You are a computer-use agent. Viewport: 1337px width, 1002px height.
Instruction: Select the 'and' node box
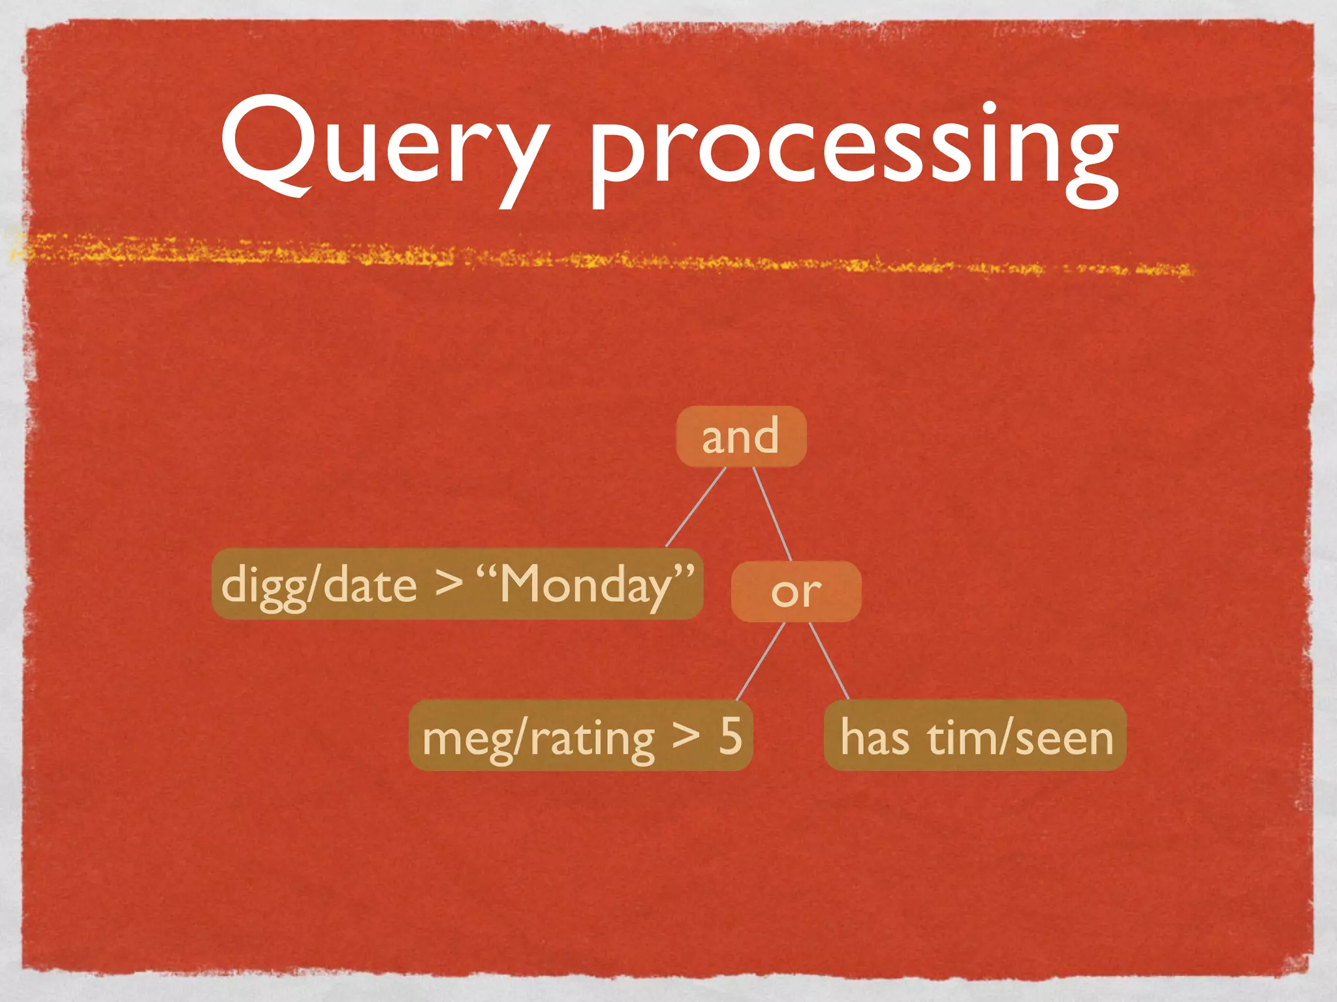[x=741, y=436]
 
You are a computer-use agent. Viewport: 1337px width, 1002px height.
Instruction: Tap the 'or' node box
[x=796, y=592]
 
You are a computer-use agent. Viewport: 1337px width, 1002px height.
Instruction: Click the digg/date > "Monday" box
[x=457, y=584]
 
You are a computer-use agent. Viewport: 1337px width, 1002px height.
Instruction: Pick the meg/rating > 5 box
[x=580, y=736]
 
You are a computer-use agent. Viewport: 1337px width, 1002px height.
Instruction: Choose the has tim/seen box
[x=975, y=736]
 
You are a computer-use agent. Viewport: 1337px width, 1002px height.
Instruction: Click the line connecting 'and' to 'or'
[x=773, y=514]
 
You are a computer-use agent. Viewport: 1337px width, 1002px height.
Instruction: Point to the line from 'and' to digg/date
[x=695, y=508]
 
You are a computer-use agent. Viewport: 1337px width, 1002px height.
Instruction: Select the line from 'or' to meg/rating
[x=760, y=661]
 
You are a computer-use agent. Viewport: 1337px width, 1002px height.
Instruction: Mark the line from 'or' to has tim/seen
[x=829, y=660]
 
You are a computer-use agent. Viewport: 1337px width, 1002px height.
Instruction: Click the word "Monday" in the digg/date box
[x=586, y=584]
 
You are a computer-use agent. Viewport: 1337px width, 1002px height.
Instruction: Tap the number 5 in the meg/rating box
[x=731, y=736]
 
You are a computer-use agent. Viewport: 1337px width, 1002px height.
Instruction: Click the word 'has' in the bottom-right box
[x=874, y=737]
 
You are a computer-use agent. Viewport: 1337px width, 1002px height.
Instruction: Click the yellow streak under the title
[x=588, y=258]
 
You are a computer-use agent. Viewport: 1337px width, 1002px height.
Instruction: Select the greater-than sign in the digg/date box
[x=448, y=583]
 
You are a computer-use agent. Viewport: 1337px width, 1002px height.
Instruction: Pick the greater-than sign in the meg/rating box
[x=686, y=736]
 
